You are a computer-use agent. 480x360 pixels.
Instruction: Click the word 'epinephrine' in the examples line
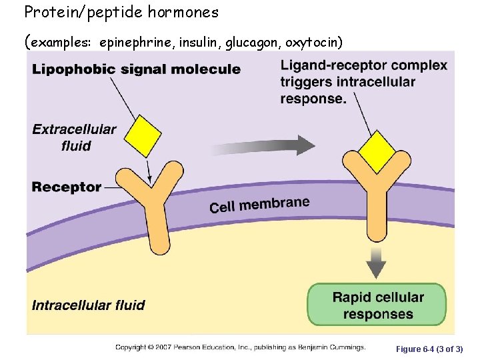pos(135,43)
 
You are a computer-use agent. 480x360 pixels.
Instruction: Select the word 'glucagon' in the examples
pos(253,43)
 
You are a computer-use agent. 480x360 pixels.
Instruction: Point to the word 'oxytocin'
pos(313,43)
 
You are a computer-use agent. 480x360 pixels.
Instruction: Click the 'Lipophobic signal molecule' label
pos(136,69)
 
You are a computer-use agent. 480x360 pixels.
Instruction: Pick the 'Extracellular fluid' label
pos(74,137)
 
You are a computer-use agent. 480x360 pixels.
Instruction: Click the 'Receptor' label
pos(66,187)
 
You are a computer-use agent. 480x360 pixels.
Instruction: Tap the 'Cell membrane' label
pos(259,205)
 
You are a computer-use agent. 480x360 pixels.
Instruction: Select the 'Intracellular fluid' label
pos(88,305)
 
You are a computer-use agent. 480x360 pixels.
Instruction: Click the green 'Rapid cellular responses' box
pos(377,305)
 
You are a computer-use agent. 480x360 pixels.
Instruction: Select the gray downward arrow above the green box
pos(377,263)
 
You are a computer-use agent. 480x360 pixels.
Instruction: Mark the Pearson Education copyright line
pos(240,347)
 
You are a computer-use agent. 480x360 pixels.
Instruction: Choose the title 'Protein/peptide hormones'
pos(121,12)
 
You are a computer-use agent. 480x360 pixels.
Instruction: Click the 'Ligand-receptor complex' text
pos(363,65)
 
